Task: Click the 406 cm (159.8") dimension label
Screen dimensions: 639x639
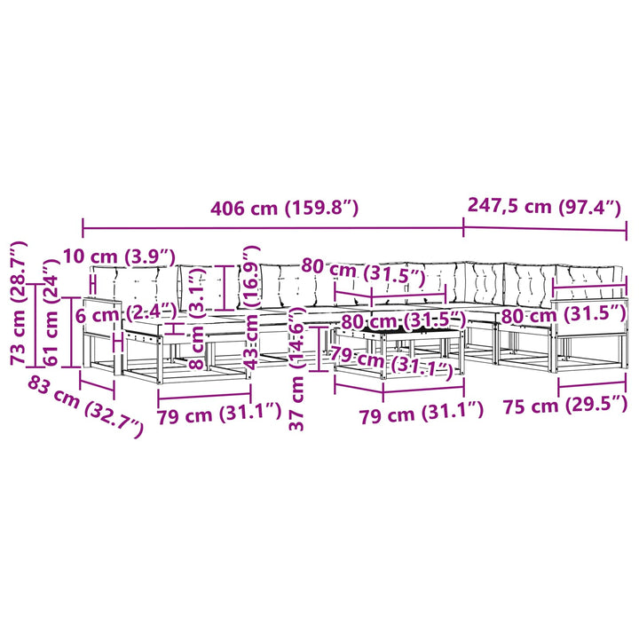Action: (x=284, y=209)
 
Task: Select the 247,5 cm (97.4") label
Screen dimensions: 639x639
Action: (x=544, y=206)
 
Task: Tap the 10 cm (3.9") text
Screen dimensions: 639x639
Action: (x=119, y=256)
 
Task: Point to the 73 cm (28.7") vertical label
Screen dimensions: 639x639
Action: (x=19, y=303)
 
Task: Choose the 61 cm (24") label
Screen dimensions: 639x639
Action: (x=51, y=312)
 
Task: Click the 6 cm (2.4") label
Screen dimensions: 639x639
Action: (x=126, y=314)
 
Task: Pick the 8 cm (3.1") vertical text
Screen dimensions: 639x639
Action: (x=198, y=318)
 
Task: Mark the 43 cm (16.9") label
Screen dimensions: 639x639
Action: (x=250, y=307)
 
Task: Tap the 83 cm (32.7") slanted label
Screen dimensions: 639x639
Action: (x=85, y=407)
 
